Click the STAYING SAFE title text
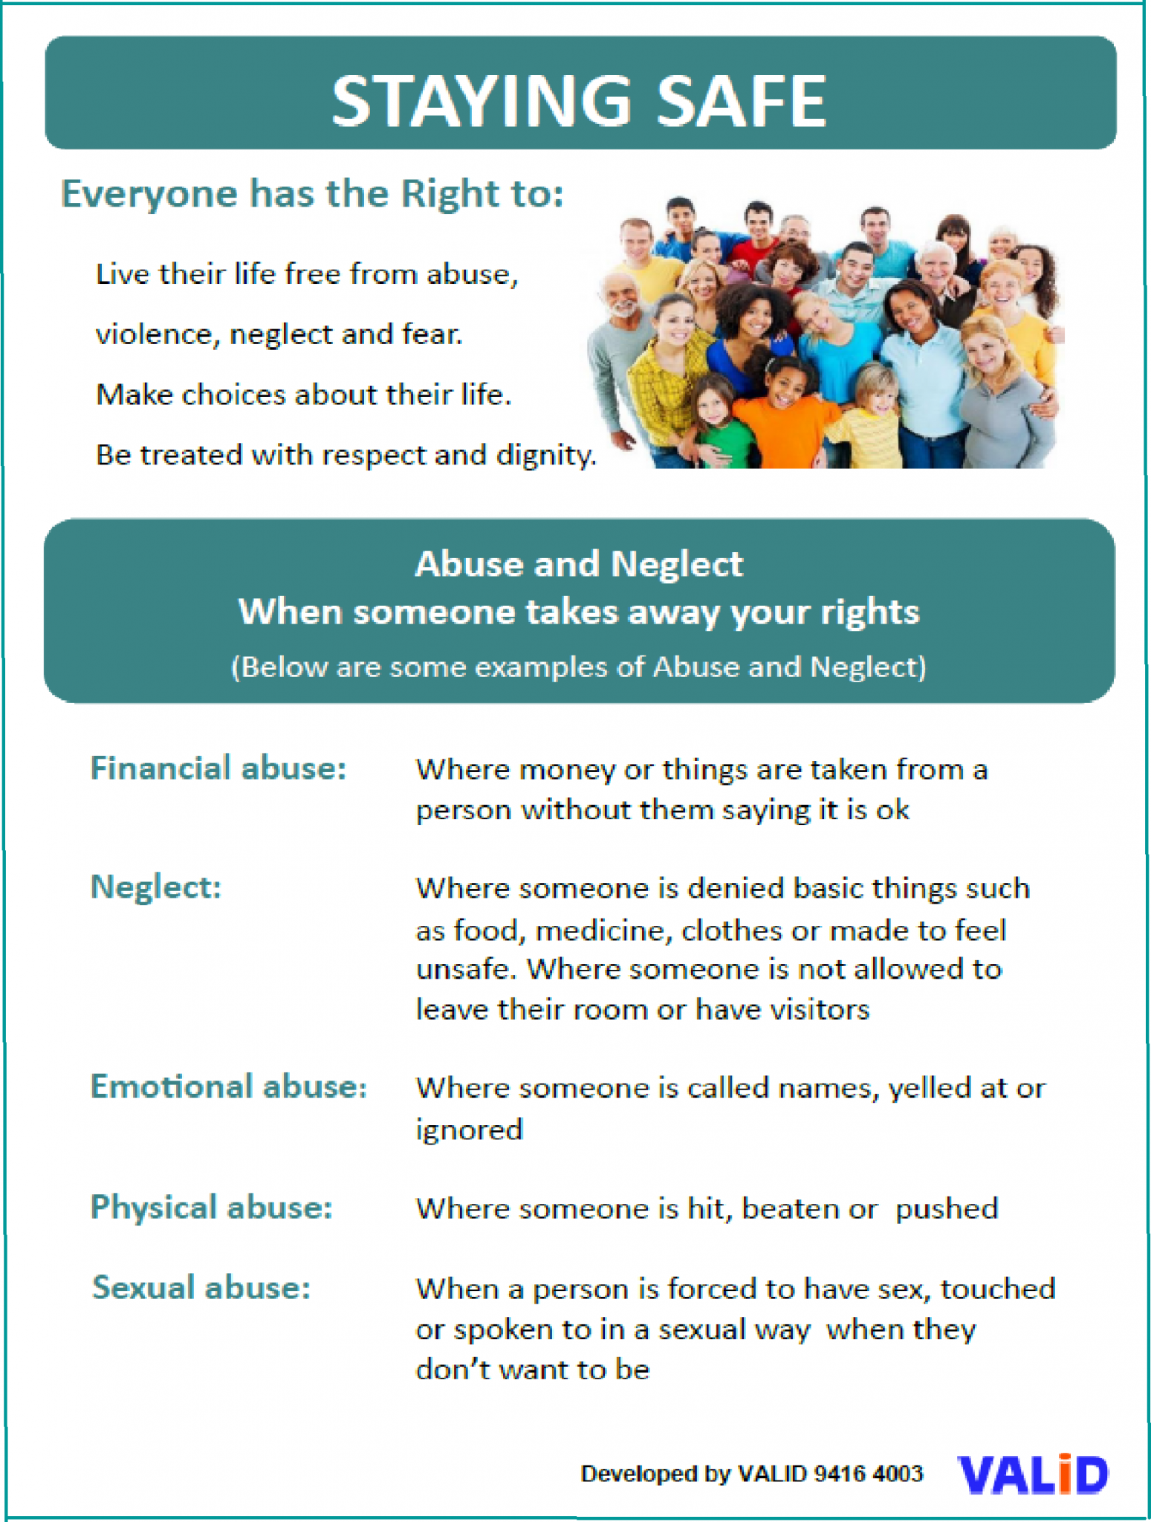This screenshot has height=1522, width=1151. coord(578,101)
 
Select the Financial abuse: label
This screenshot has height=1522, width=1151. coord(218,768)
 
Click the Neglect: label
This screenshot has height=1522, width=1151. coord(156,887)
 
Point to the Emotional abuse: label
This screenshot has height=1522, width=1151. coord(229,1087)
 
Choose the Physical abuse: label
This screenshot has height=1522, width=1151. coord(212,1207)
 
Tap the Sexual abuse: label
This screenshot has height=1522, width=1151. coord(201,1287)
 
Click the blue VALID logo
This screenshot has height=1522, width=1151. coord(1033,1474)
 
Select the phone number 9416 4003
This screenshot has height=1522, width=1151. coord(868,1474)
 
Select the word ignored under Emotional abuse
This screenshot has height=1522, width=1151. coord(469,1130)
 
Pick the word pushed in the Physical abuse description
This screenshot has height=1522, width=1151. coord(946,1209)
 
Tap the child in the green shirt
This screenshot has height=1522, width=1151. coord(719,424)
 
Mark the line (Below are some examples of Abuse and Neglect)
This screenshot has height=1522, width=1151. coord(579,667)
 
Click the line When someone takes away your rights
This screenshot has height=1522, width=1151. coord(579,612)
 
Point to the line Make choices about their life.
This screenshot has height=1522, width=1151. coord(304,395)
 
